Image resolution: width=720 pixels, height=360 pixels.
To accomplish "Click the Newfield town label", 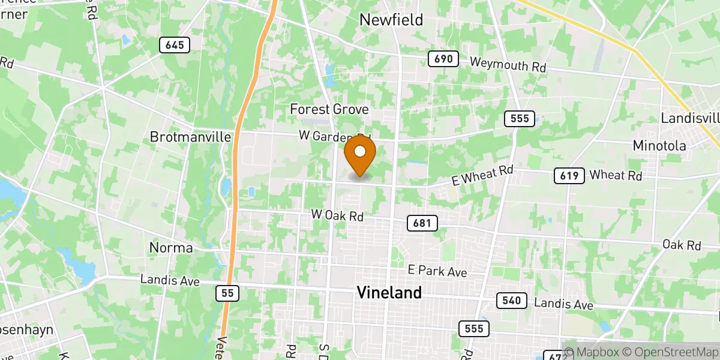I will coord(391,20).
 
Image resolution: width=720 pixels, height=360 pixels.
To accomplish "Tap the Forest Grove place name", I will coord(329,109).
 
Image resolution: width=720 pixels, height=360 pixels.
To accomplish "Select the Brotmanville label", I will coord(191,137).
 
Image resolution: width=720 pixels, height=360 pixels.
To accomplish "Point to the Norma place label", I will coord(172,248).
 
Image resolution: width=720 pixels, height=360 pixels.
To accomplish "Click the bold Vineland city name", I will coord(389,293).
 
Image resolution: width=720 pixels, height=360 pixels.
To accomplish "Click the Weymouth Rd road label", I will coord(508,64).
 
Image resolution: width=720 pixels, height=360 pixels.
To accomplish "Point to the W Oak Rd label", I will coord(337,215).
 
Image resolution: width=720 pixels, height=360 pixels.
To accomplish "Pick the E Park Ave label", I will coord(437,271).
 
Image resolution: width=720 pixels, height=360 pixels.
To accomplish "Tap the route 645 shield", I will coord(175,44).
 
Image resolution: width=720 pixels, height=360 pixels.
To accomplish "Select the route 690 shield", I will coord(443,59).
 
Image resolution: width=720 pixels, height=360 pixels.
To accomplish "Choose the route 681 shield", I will coord(422,223).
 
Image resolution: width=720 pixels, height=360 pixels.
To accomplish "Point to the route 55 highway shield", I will coord(227,293).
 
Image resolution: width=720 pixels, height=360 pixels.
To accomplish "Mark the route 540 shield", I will coord(511,301).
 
